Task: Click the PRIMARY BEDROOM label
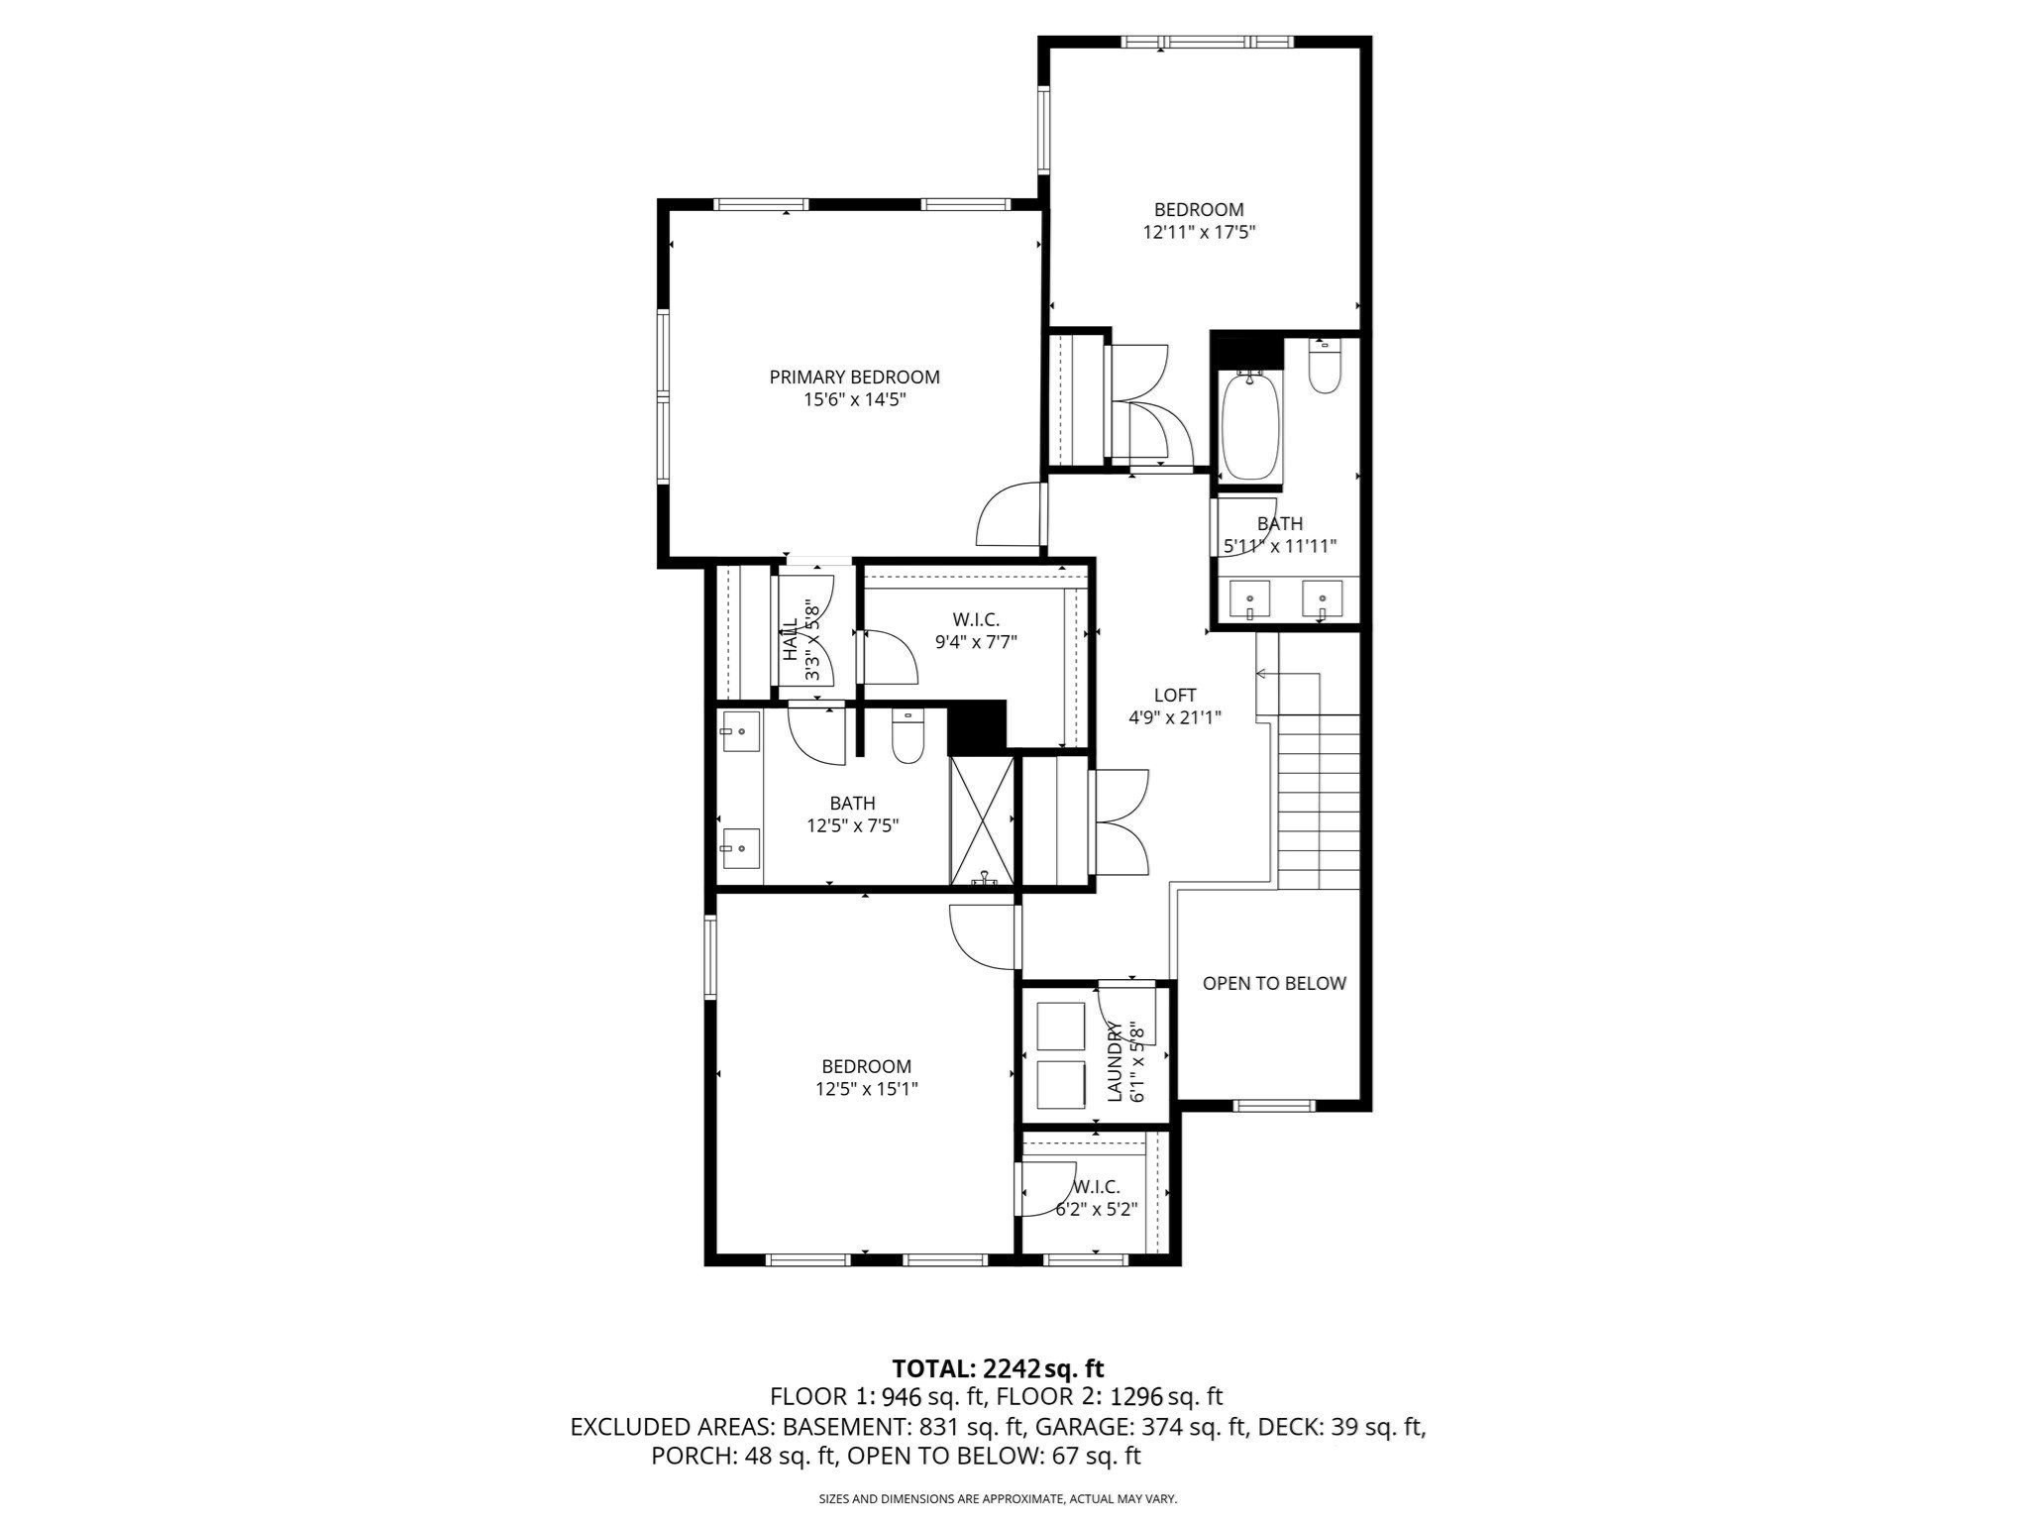click(x=854, y=378)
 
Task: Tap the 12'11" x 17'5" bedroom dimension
click(x=1199, y=233)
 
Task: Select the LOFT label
click(x=1175, y=696)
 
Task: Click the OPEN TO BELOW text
click(x=1274, y=983)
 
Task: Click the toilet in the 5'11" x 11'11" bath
click(x=1325, y=370)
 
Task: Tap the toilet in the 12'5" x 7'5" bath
click(x=908, y=738)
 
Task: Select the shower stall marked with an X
click(x=982, y=820)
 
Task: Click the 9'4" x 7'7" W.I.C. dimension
click(x=976, y=642)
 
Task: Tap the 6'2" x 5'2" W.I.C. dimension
click(x=1096, y=1210)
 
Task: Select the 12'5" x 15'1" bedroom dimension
click(x=866, y=1089)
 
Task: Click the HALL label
click(x=791, y=639)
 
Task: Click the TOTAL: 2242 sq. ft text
click(x=998, y=1368)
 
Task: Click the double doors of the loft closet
click(x=1121, y=822)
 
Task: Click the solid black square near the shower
click(x=977, y=727)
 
